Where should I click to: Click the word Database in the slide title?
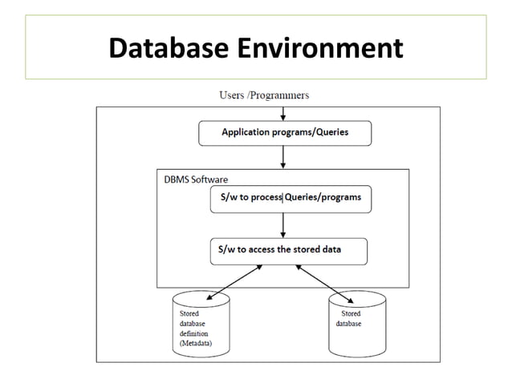[169, 49]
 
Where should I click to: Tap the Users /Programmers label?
[264, 95]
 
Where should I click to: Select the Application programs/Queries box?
[285, 132]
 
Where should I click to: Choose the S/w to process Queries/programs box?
[290, 198]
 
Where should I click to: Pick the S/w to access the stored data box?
[288, 250]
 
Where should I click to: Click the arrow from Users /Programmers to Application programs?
[282, 111]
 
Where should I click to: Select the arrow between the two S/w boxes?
[282, 225]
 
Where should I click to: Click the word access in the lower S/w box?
[259, 250]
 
